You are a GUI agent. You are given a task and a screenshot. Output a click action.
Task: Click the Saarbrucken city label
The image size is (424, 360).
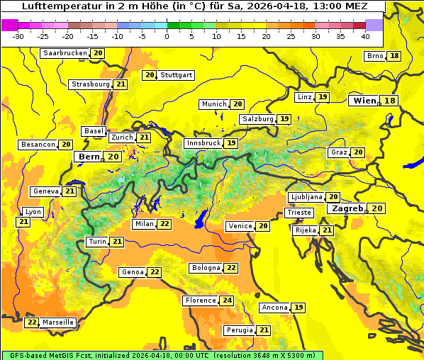[65, 53]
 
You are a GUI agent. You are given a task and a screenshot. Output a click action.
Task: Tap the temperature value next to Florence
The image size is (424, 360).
[227, 300]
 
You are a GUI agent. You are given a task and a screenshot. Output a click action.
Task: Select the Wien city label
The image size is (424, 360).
[365, 101]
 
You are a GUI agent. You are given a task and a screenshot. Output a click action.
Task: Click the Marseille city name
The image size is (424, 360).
[58, 322]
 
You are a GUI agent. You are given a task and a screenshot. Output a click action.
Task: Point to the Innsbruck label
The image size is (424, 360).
[203, 143]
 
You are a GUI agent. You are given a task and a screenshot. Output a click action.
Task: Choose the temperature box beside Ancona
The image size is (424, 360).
[299, 308]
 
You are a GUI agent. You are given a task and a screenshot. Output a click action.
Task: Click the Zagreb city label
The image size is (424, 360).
[347, 208]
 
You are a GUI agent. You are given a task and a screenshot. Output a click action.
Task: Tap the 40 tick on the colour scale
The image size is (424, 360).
[365, 36]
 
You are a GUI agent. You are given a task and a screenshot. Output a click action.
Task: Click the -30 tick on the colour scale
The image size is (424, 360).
[18, 36]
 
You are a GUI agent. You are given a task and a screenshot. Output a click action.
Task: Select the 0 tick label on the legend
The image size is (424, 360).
[167, 36]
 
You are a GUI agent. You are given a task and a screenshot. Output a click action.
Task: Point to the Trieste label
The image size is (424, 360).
[299, 213]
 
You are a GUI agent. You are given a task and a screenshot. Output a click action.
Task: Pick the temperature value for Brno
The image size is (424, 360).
[394, 56]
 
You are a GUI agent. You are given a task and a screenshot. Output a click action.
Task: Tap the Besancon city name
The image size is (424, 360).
[38, 145]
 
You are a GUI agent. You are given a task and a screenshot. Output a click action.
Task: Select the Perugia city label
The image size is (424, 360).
[238, 330]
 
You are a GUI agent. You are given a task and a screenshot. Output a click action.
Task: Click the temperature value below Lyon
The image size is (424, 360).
[23, 222]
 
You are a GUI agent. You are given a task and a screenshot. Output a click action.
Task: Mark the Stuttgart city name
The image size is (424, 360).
[176, 75]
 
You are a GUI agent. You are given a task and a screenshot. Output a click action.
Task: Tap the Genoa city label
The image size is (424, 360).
[133, 272]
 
